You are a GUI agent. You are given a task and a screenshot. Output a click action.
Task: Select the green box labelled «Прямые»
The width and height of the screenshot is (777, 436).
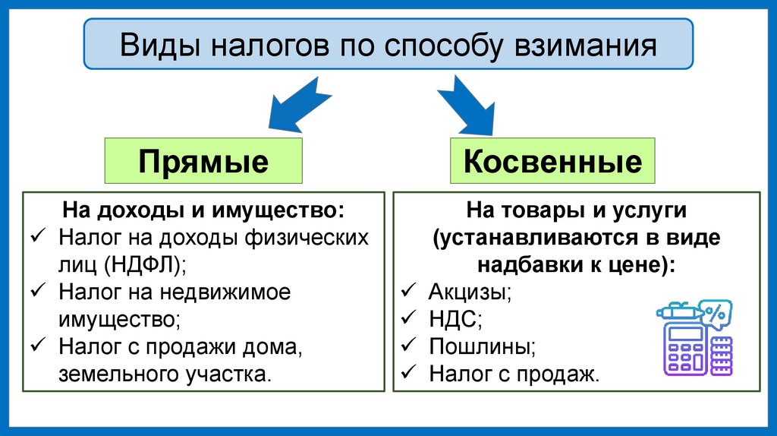[203, 161]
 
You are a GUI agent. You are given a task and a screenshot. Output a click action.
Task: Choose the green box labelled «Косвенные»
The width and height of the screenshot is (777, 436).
[552, 161]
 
